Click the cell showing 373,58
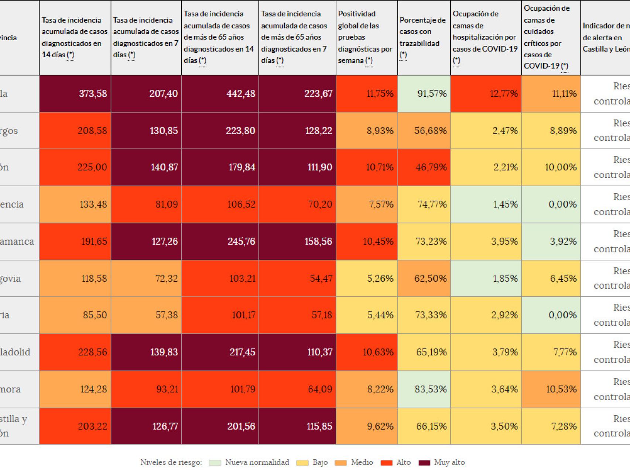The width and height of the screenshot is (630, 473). tap(75, 93)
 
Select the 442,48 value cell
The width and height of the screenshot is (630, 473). tap(220, 93)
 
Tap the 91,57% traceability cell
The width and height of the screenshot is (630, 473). tap(424, 93)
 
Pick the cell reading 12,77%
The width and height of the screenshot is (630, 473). tap(486, 93)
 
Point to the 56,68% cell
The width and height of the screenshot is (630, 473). tap(424, 130)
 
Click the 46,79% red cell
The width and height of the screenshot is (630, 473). tap(424, 167)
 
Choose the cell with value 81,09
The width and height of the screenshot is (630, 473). tap(146, 204)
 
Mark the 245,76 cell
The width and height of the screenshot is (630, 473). tap(220, 241)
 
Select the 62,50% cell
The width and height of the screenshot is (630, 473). tap(424, 278)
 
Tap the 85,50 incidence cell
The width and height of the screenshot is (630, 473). tap(75, 315)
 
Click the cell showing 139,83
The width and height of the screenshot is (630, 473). tap(146, 352)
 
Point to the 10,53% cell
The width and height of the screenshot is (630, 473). tap(551, 389)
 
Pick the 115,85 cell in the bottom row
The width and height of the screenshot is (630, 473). tap(297, 426)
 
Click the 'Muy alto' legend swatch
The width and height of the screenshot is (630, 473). tap(424, 463)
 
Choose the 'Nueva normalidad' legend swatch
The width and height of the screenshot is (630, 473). tap(215, 463)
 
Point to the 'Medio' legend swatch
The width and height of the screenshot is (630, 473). tap(340, 463)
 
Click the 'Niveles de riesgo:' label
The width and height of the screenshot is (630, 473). tap(171, 462)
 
